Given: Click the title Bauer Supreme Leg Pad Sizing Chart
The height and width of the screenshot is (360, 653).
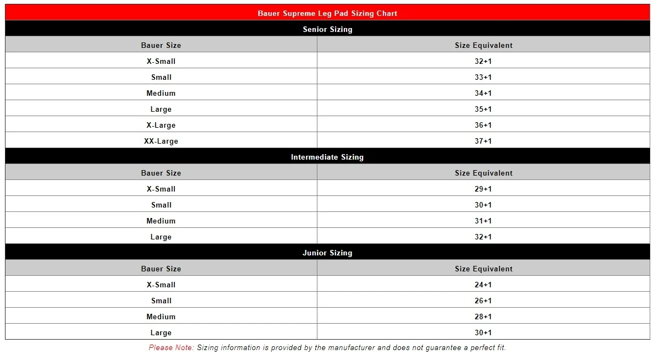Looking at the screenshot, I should (327, 13).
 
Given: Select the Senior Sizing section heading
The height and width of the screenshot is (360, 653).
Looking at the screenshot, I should (327, 29).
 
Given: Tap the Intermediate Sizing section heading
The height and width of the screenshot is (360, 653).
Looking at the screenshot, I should (327, 157).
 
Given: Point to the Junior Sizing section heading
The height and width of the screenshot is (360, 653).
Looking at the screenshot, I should (327, 253).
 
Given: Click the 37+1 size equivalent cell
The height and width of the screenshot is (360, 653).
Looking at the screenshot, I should (483, 141).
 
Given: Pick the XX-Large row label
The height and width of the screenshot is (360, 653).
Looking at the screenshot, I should (161, 141).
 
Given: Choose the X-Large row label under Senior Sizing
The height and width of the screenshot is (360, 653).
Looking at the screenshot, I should (161, 125).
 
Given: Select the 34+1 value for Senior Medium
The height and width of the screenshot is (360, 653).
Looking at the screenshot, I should (483, 93).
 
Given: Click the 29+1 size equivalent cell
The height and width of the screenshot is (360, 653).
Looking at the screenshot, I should (483, 189).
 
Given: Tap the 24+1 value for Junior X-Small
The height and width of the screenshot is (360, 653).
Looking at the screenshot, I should (483, 285).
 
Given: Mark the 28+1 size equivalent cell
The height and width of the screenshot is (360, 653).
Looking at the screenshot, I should (483, 317).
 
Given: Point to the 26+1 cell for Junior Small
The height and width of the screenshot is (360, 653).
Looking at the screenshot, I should (483, 301).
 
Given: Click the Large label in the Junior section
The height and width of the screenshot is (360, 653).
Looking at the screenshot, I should (161, 332).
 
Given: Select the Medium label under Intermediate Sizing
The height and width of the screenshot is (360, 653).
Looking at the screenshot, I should (161, 221).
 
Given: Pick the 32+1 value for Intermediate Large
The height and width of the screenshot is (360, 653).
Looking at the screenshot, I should (483, 237).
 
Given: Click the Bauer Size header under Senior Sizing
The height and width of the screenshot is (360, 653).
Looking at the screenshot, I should (161, 45).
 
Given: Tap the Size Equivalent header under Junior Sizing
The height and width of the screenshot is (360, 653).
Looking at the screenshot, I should (484, 269).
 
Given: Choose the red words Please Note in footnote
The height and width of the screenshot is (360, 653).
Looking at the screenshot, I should (171, 347).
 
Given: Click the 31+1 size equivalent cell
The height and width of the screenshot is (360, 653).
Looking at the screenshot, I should (483, 221).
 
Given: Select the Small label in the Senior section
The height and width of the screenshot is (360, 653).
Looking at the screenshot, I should (161, 77).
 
